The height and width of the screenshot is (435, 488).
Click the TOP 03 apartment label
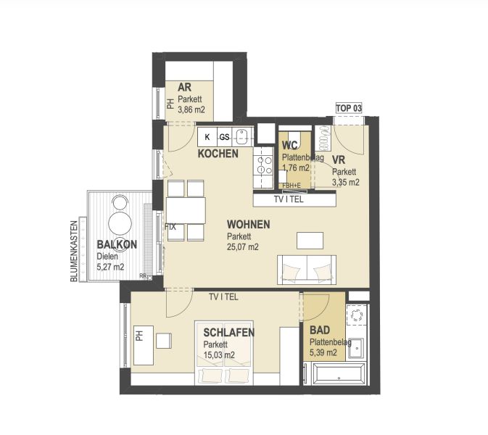[348, 108]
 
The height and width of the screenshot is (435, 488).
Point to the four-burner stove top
[260, 170]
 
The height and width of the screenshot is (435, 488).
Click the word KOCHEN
[218, 154]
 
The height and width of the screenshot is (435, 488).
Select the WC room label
[290, 145]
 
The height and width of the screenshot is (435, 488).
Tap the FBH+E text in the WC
[292, 186]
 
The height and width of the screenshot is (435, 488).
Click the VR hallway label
[338, 160]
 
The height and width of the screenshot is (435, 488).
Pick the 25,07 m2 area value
[243, 247]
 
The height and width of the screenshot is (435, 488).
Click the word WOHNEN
[248, 225]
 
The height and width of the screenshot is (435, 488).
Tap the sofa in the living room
[307, 269]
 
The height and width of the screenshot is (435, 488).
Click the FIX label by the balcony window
[171, 227]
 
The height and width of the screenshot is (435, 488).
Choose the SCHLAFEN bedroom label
[228, 332]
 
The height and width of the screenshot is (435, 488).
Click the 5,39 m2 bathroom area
[323, 353]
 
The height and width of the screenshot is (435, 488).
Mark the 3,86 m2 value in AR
[191, 109]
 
